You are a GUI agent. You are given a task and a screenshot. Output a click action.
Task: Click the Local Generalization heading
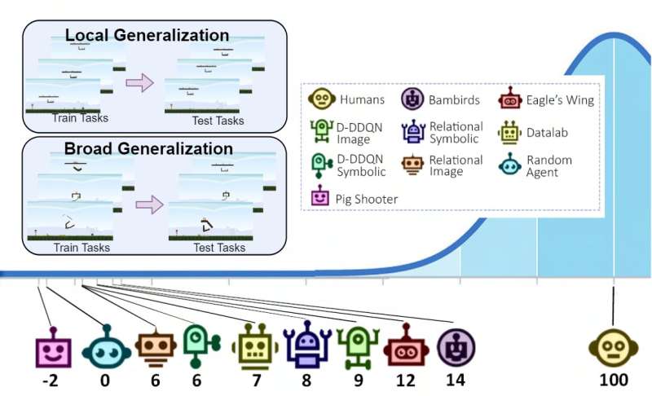coord(147,35)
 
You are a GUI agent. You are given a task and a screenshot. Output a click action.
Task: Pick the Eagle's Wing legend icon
coord(511,100)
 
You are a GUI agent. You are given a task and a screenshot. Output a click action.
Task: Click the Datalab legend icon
coord(511,132)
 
